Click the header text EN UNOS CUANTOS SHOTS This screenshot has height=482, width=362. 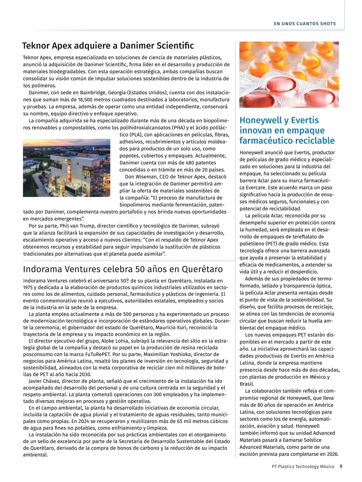click(305, 23)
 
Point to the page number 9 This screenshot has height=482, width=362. click(341, 466)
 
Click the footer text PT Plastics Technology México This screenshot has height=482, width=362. click(303, 467)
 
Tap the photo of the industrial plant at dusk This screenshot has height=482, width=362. click(67, 168)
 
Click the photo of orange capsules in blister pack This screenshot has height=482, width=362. click(289, 75)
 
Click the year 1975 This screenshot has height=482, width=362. click(29, 287)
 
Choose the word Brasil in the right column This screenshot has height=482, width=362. click(247, 384)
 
